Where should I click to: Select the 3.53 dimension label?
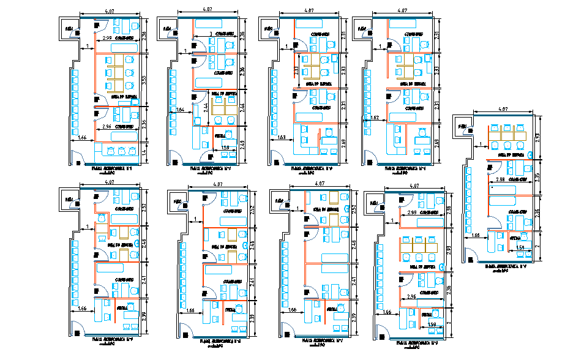[x=144, y=80]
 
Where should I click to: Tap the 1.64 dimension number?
[x=180, y=110]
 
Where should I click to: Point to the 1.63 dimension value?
[x=281, y=137]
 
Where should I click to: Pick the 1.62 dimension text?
[x=375, y=117]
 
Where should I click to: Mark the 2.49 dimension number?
[x=243, y=144]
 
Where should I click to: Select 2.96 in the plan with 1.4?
[x=107, y=127]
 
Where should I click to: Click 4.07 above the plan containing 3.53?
[x=110, y=10]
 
